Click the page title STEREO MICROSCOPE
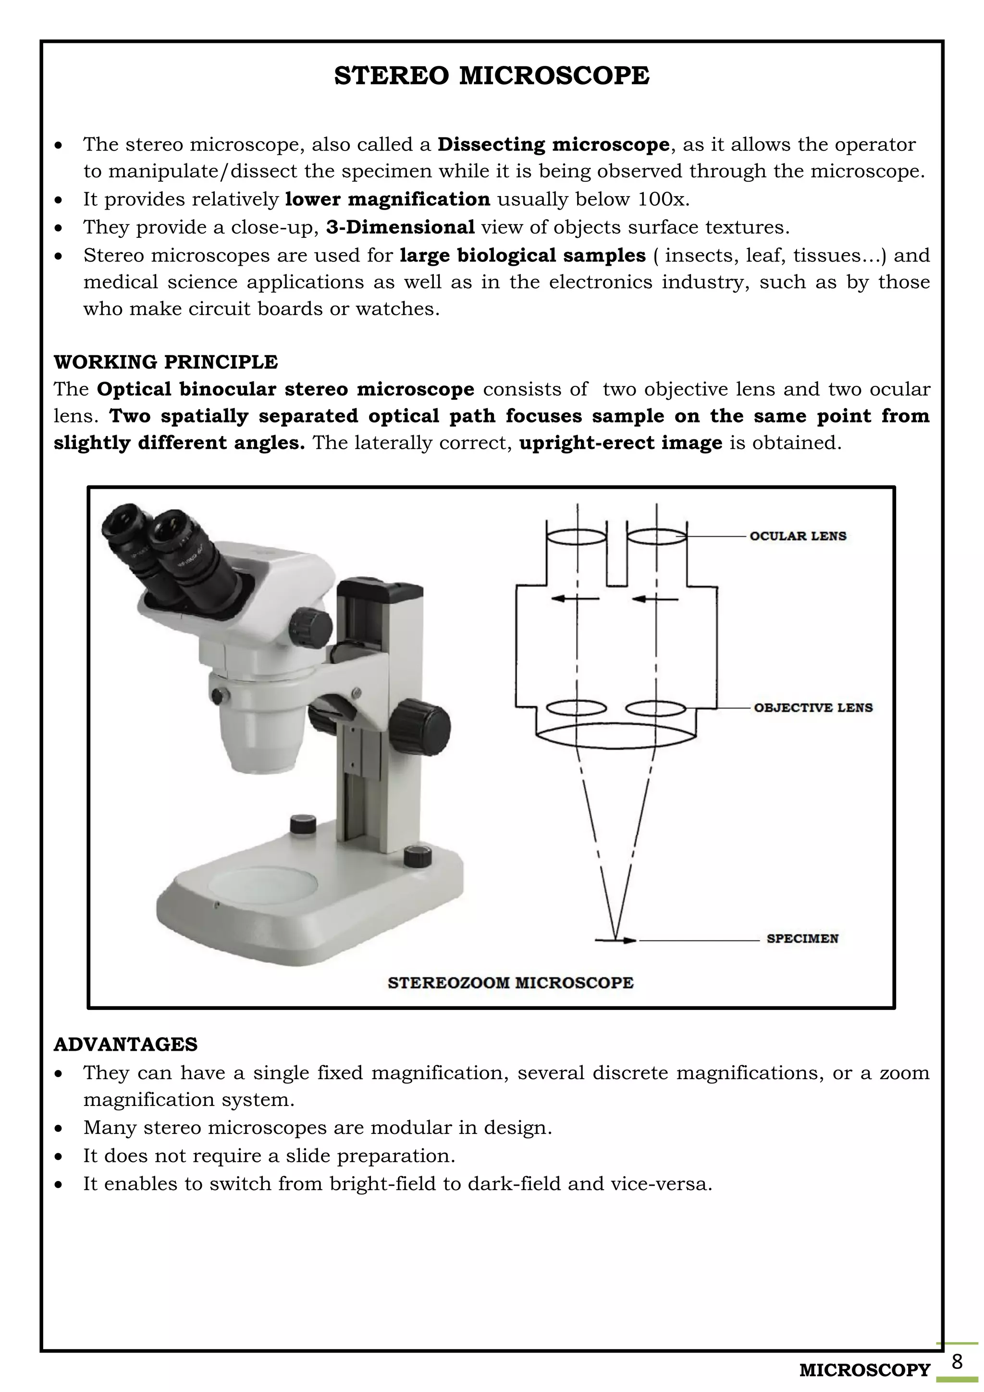pyautogui.click(x=492, y=76)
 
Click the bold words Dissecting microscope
pyautogui.click(x=553, y=145)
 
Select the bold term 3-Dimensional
pyautogui.click(x=400, y=227)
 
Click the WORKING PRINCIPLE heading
pyautogui.click(x=165, y=362)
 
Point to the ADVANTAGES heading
pyautogui.click(x=125, y=1044)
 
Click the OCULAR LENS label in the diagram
pyautogui.click(x=798, y=536)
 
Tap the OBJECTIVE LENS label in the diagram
pyautogui.click(x=812, y=708)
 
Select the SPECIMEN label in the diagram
pyautogui.click(x=802, y=939)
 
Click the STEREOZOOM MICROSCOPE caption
pyautogui.click(x=510, y=983)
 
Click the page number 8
pyautogui.click(x=957, y=1362)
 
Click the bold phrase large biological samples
pyautogui.click(x=522, y=255)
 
